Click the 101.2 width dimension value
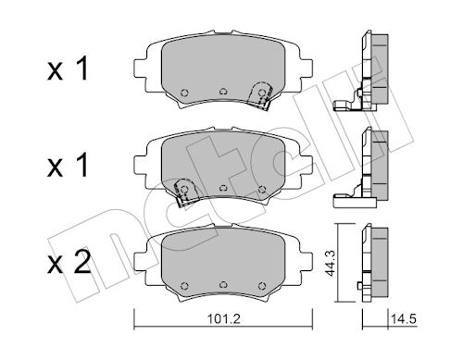pyautogui.click(x=223, y=318)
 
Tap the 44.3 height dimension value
pyautogui.click(x=331, y=263)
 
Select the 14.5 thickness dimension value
pyautogui.click(x=404, y=318)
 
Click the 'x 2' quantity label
pyautogui.click(x=69, y=263)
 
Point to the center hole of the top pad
pyautogui.click(x=223, y=92)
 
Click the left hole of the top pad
pyautogui.click(x=184, y=93)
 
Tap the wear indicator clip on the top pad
pyautogui.click(x=260, y=95)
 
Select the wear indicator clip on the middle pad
pyautogui.click(x=186, y=192)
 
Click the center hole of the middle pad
pyautogui.click(x=223, y=188)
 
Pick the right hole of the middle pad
pyautogui.click(x=262, y=189)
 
